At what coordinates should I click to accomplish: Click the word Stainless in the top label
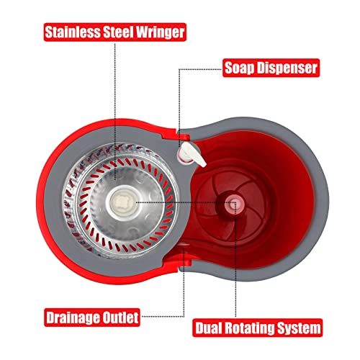coord(73,32)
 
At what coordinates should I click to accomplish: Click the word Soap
coord(239,68)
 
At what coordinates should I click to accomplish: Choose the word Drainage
coord(73,318)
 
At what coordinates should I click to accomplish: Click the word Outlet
coord(121,318)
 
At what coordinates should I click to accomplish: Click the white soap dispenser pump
coord(192,154)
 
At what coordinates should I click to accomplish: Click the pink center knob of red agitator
coord(232,204)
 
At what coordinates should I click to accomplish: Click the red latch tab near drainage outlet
coord(185,262)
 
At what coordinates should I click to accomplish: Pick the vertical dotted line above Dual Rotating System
coord(235,260)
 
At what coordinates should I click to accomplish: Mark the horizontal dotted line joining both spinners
coord(186,202)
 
